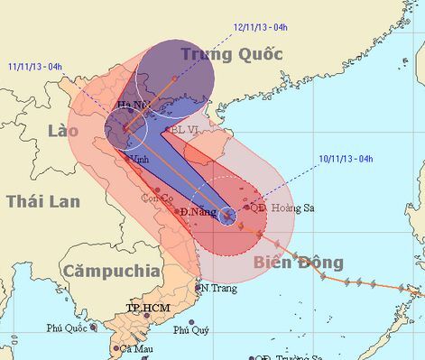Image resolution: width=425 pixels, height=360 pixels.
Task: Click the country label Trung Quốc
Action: pos(231,54)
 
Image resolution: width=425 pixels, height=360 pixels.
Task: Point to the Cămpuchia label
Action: pos(111,270)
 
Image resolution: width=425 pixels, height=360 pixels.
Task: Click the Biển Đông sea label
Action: pos(298,263)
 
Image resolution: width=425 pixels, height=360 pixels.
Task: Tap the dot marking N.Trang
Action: pos(198,288)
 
